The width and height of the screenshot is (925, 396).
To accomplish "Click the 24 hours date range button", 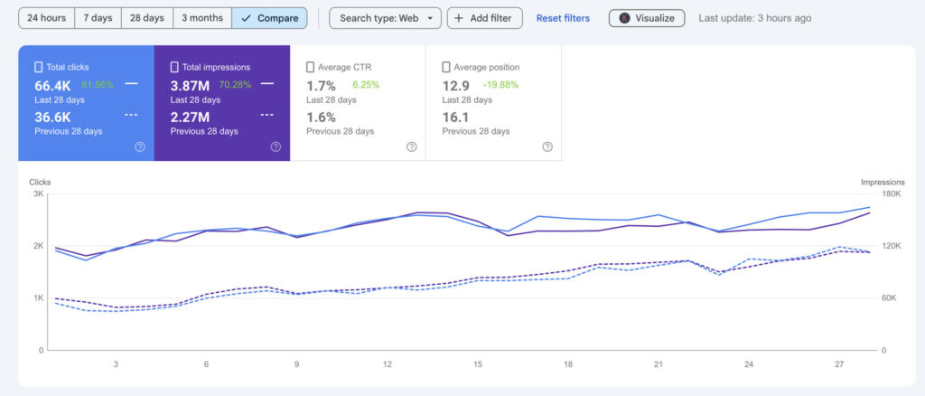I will coord(46,18).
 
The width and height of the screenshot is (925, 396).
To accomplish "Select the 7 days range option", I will coord(99,18).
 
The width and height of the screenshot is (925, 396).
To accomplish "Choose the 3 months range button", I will coord(202,18).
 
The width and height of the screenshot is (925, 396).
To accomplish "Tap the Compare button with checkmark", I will coord(269,18).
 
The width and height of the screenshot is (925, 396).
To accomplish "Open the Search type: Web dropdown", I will coord(385,18).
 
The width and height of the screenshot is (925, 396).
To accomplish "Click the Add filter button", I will coord(484,18).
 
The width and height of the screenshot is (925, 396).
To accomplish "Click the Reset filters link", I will coord(563,18).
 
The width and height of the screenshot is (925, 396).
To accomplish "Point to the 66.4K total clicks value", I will coord(52,85).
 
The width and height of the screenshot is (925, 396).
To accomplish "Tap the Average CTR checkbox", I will coord(311,67).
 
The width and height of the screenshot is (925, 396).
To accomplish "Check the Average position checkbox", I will coord(446,67).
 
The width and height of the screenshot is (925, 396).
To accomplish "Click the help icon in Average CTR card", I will coord(411,146).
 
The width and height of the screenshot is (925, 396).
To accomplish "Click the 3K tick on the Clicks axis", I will coord(38,194).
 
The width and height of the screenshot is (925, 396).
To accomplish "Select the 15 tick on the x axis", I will coord(478,364).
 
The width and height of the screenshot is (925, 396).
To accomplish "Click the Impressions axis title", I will coord(883,182).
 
